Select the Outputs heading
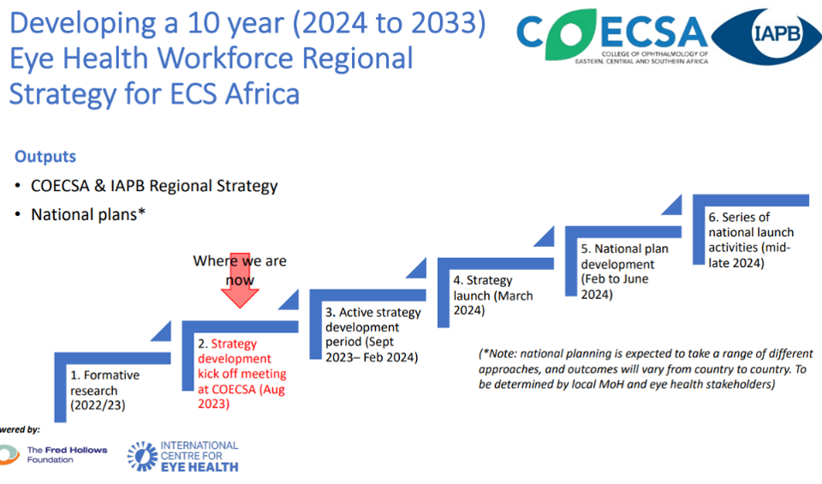pyautogui.click(x=45, y=156)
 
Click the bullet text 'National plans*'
pyautogui.click(x=88, y=214)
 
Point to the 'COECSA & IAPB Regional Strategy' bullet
pyautogui.click(x=154, y=186)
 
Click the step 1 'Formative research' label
pyautogui.click(x=104, y=390)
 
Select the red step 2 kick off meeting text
pyautogui.click(x=241, y=373)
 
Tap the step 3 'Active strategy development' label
pyautogui.click(x=372, y=335)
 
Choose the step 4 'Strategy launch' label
pyautogui.click(x=493, y=296)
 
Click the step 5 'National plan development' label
pyautogui.click(x=624, y=271)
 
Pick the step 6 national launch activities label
pyautogui.click(x=751, y=240)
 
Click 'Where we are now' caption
pyautogui.click(x=240, y=270)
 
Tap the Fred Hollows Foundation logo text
pyautogui.click(x=67, y=455)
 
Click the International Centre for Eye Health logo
pyautogui.click(x=183, y=457)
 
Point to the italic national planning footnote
pyautogui.click(x=646, y=368)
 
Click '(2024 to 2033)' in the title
pyautogui.click(x=389, y=23)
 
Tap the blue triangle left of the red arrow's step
pyautogui.click(x=161, y=331)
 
